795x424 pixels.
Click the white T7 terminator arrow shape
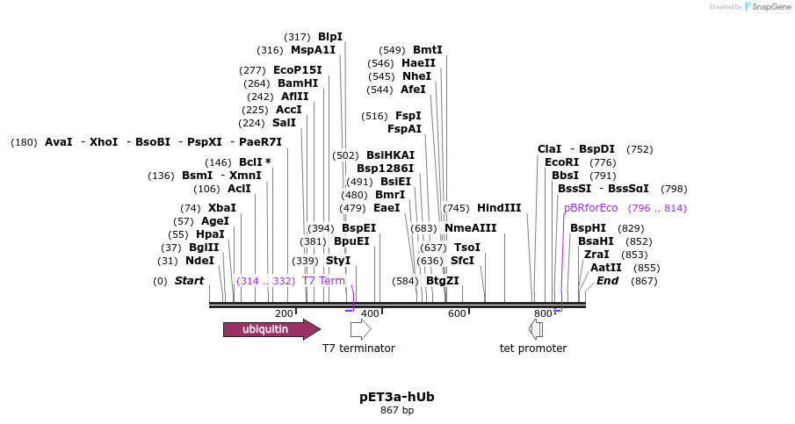tap(360, 329)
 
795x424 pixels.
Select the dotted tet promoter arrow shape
tap(536, 329)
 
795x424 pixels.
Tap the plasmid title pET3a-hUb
tap(396, 397)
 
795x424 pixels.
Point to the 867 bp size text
tap(396, 411)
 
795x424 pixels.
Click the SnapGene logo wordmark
tap(767, 7)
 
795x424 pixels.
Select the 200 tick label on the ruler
tap(284, 313)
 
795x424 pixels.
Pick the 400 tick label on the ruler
tap(370, 313)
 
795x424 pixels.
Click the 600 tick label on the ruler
tap(457, 313)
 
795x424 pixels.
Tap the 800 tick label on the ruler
tap(543, 313)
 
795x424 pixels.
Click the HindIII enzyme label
tap(499, 208)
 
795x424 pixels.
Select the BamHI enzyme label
tap(298, 83)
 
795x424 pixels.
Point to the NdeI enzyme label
tap(199, 261)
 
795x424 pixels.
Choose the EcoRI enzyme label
tap(562, 162)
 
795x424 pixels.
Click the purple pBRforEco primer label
tap(591, 208)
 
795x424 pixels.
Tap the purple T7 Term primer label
tap(323, 281)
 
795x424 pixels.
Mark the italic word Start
tap(189, 281)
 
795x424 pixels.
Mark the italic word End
tap(607, 281)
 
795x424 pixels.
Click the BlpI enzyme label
tap(330, 37)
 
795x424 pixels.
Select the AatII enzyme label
tap(605, 268)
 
